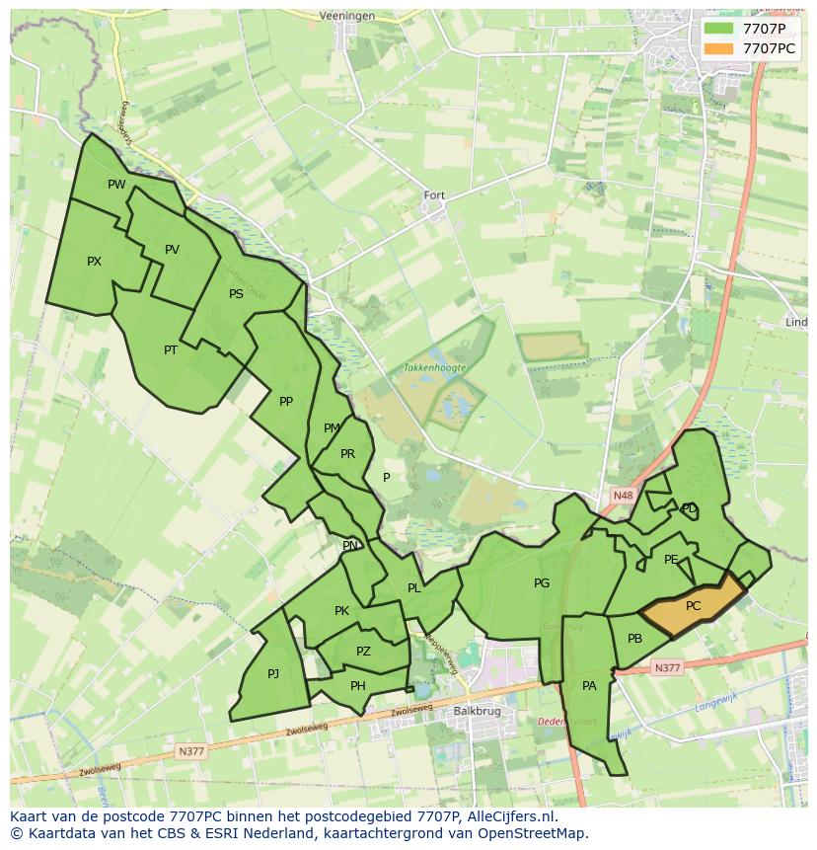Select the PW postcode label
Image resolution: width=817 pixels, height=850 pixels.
(116, 185)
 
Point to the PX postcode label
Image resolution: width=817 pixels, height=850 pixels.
(94, 262)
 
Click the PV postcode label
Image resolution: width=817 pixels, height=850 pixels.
(172, 250)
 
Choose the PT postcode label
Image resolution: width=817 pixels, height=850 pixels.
(171, 349)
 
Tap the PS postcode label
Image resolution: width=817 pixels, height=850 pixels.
(236, 294)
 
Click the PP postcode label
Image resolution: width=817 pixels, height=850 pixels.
(286, 402)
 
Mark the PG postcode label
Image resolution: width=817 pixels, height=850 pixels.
(542, 583)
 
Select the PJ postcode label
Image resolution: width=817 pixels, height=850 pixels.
(273, 674)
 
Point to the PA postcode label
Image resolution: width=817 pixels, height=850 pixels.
(589, 686)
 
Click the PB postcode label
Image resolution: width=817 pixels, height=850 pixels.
(634, 639)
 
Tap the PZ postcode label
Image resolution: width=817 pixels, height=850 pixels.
(363, 652)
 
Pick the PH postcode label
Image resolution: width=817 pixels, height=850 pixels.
(358, 686)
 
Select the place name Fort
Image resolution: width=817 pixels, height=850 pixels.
(434, 195)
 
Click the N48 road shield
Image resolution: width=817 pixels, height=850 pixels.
(622, 496)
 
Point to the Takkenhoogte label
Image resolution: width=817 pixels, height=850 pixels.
(434, 367)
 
